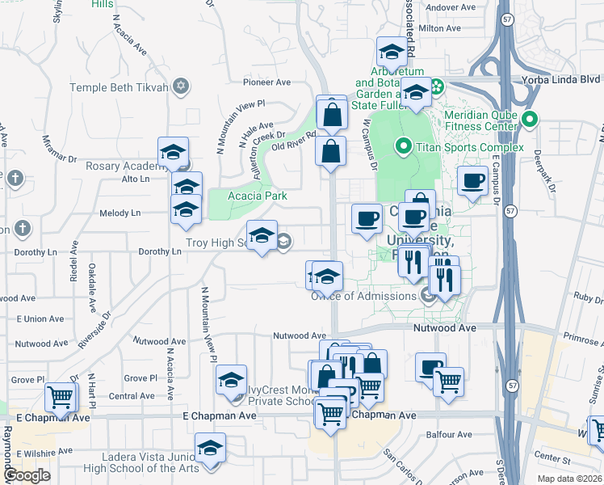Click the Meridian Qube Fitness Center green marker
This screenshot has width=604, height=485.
tap(530, 121)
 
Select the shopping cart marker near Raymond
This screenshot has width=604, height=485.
tap(61, 397)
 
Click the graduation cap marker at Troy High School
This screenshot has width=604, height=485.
tap(262, 235)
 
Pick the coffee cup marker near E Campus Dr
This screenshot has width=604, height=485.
tap(472, 180)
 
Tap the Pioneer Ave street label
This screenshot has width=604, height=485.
tap(266, 82)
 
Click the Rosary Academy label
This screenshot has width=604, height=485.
tap(121, 167)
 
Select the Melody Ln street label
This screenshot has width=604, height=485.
tap(120, 213)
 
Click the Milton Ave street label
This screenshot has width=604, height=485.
tap(439, 27)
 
